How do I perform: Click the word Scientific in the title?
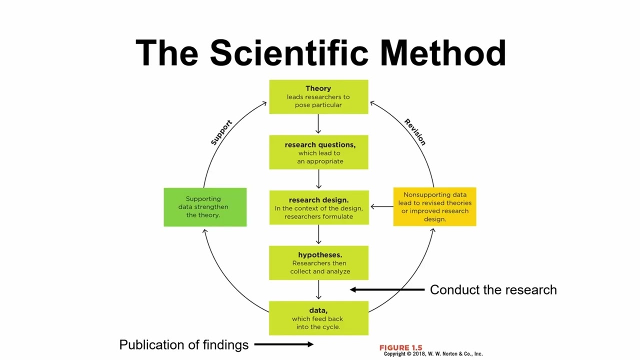click(294, 53)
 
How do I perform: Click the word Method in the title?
click(442, 53)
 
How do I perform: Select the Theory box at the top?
click(318, 97)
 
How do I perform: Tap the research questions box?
click(318, 152)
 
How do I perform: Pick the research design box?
click(318, 207)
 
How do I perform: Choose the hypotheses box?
click(318, 263)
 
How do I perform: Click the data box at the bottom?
click(318, 318)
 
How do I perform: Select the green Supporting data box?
click(205, 207)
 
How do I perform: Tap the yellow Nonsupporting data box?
click(434, 207)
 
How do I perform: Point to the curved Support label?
click(221, 132)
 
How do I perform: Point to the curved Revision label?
click(415, 132)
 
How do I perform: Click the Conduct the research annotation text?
click(493, 290)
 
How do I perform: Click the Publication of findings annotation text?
click(183, 345)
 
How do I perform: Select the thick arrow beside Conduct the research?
click(387, 289)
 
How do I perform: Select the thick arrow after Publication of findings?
click(283, 344)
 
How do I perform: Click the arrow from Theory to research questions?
click(318, 124)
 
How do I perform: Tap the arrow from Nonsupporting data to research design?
click(381, 206)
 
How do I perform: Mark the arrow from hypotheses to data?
click(318, 290)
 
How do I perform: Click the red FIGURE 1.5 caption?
click(400, 347)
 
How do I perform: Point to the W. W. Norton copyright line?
click(433, 354)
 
